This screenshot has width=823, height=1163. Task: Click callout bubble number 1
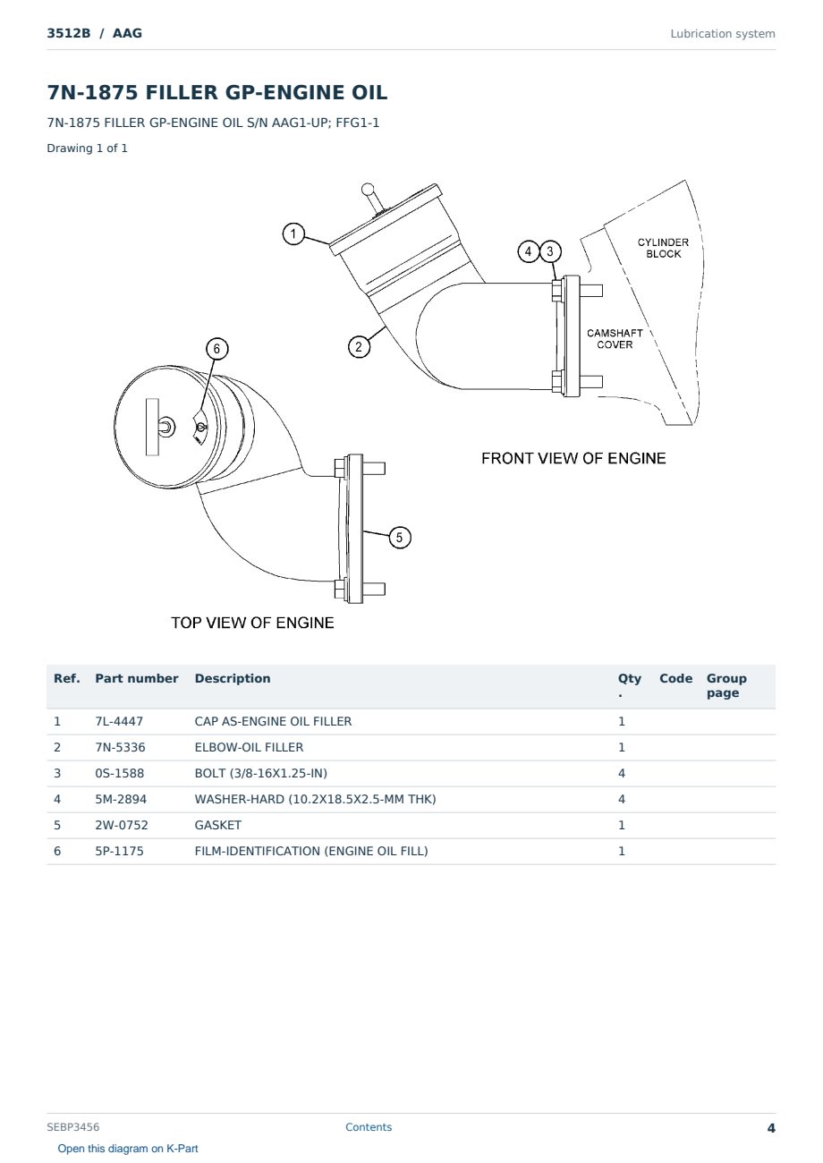tap(293, 233)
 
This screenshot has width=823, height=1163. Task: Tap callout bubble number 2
tap(359, 346)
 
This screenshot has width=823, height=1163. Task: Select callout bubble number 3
tap(550, 251)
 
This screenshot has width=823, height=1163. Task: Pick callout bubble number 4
tap(529, 251)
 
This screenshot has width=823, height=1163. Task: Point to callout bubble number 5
tap(400, 538)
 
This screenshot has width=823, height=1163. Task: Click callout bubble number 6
tap(217, 348)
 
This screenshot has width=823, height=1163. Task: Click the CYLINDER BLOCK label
tap(663, 248)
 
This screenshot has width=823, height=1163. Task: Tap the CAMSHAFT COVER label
tap(615, 339)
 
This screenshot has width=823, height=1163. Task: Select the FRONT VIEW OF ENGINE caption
tap(573, 458)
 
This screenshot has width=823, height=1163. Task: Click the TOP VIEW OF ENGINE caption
tap(252, 623)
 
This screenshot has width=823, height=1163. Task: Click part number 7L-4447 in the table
tap(119, 721)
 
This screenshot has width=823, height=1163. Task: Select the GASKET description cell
tap(218, 825)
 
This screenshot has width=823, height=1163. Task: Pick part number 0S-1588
tap(120, 773)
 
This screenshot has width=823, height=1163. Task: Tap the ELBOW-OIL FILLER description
tap(249, 747)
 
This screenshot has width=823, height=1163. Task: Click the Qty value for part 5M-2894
tap(622, 799)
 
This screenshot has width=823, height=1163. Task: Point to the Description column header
tap(233, 679)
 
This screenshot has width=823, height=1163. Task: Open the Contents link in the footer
tap(369, 1127)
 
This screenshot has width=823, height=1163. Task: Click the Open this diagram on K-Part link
tap(128, 1149)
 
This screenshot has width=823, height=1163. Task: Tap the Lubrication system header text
tap(723, 34)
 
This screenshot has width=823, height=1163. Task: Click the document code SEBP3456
tap(73, 1127)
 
